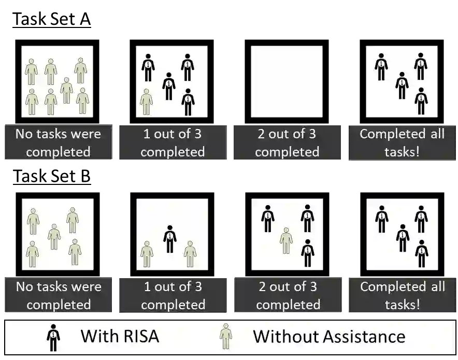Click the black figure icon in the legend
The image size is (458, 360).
pos(53,337)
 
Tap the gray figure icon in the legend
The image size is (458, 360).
pos(226,337)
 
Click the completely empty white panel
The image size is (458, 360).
pos(287,81)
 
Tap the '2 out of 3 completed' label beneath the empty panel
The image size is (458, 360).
pos(287,142)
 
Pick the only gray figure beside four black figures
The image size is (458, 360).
pos(146,102)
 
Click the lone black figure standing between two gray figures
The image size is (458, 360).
pos(169,239)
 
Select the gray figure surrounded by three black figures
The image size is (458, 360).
pos(286,240)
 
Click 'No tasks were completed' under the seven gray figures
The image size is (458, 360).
pos(58,142)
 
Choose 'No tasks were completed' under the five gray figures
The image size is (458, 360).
pos(58,295)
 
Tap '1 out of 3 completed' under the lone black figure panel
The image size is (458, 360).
pos(173,295)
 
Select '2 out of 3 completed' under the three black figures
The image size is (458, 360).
pos(288,295)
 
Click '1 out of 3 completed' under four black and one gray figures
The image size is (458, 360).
pos(173,142)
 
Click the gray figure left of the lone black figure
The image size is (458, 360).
pos(147,253)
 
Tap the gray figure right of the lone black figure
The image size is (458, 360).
pos(190,253)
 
